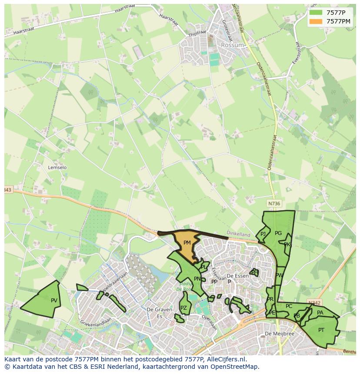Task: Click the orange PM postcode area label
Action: click(187, 243)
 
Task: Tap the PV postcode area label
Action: click(54, 300)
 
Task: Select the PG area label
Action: click(278, 233)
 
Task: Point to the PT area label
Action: click(321, 330)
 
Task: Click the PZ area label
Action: click(183, 308)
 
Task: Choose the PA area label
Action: click(320, 313)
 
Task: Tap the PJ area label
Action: click(263, 234)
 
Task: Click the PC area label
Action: click(289, 306)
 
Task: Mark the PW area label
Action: click(279, 275)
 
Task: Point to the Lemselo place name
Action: click(57, 167)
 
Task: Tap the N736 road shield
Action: click(274, 203)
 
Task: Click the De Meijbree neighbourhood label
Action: click(280, 334)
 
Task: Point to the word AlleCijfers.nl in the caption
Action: click(226, 359)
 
